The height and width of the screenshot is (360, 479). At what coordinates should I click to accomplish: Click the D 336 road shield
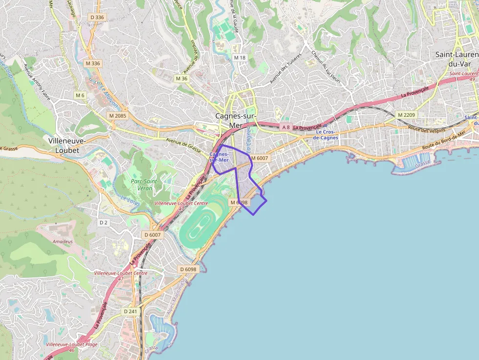pos(97,17)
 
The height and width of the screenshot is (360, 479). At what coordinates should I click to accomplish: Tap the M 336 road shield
pos(92,64)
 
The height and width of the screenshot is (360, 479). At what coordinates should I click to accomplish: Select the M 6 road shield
pos(80,95)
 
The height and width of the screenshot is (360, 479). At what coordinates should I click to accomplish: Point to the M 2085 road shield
pos(118,116)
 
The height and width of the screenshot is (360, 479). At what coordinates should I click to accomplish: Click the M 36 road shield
pos(181,79)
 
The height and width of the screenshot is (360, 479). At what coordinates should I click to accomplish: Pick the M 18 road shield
pos(239,58)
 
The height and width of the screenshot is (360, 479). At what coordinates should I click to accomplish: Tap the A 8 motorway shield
pos(286,127)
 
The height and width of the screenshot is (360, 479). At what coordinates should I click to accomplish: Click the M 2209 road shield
pos(406,115)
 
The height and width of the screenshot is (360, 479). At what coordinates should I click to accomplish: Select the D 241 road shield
pos(131,311)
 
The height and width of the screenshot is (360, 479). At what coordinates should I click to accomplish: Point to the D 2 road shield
pos(103,223)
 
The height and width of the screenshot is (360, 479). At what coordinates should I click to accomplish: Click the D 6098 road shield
pos(188,269)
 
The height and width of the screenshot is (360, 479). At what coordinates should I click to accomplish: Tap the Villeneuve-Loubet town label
pos(67,145)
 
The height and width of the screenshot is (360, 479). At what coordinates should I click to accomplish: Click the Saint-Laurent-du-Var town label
pos(457,59)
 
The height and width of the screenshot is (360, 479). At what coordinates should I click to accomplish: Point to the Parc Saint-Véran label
pos(144,185)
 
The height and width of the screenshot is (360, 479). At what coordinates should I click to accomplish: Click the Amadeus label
pos(62,241)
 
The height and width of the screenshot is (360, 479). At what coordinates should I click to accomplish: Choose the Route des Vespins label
pos(427,129)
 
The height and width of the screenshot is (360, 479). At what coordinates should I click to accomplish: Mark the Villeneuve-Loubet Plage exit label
pos(71,344)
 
